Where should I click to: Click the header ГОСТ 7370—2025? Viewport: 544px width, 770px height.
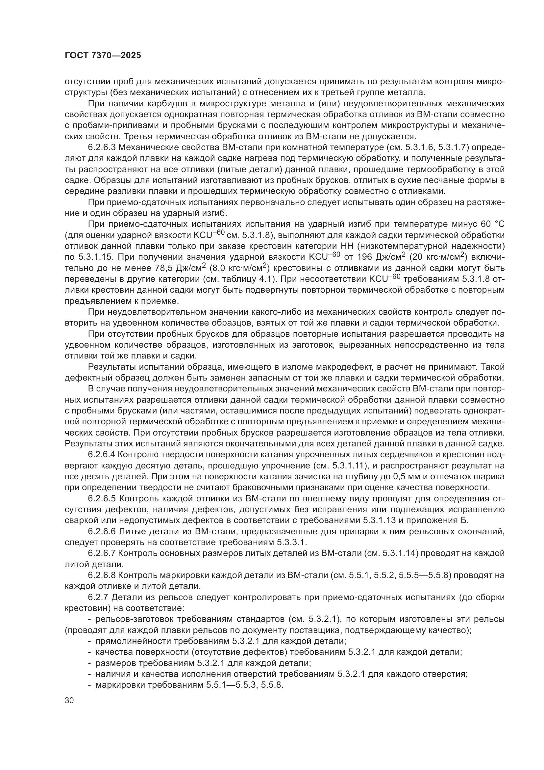pyautogui.click(x=103, y=56)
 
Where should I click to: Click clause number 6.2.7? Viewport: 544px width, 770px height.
pyautogui.click(x=98, y=597)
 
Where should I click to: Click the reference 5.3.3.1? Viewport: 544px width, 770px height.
pyautogui.click(x=291, y=542)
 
